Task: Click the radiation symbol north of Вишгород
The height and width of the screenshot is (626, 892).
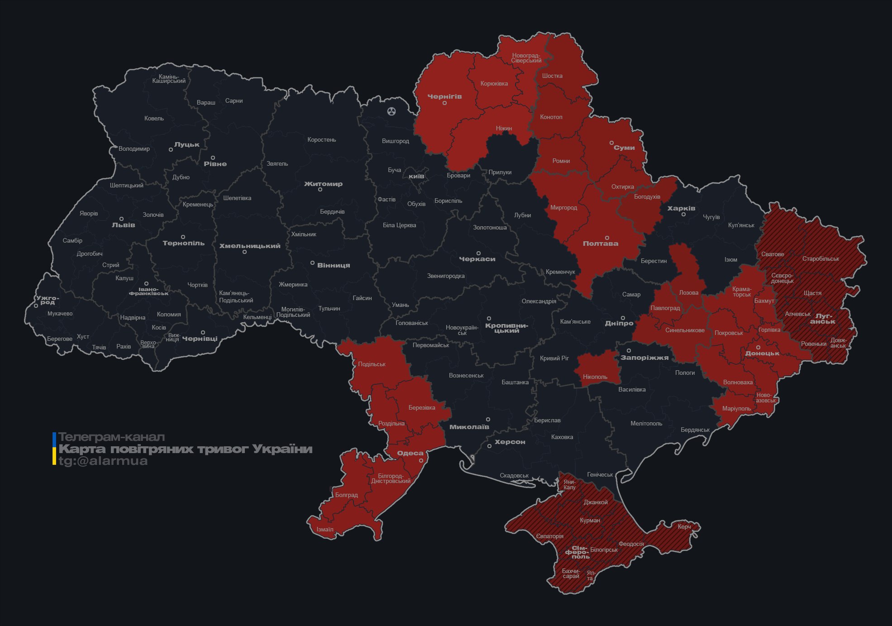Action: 391,111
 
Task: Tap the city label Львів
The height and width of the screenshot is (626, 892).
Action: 123,225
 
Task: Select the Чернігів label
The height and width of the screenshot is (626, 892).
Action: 444,96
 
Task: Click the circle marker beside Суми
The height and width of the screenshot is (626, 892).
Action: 611,143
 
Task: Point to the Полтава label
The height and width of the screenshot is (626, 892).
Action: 600,244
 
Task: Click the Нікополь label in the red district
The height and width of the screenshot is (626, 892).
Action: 595,377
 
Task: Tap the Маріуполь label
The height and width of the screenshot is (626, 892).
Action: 736,408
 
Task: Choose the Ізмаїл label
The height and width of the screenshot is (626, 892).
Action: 324,529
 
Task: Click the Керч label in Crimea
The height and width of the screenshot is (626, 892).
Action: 684,526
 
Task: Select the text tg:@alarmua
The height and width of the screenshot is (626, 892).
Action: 103,461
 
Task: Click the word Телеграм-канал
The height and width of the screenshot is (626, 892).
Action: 111,437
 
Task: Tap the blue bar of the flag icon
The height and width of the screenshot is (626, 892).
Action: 54,439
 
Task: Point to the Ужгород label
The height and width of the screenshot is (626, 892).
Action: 48,300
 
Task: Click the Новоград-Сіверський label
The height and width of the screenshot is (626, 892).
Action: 526,58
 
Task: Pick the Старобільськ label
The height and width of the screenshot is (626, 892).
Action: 820,258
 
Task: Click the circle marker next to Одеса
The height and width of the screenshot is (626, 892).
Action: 421,460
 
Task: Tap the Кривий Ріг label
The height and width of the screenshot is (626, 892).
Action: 554,358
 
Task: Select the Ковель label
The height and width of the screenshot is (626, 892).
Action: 154,118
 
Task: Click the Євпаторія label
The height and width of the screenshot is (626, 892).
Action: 549,536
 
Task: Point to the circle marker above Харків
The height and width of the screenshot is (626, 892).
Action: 683,214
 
